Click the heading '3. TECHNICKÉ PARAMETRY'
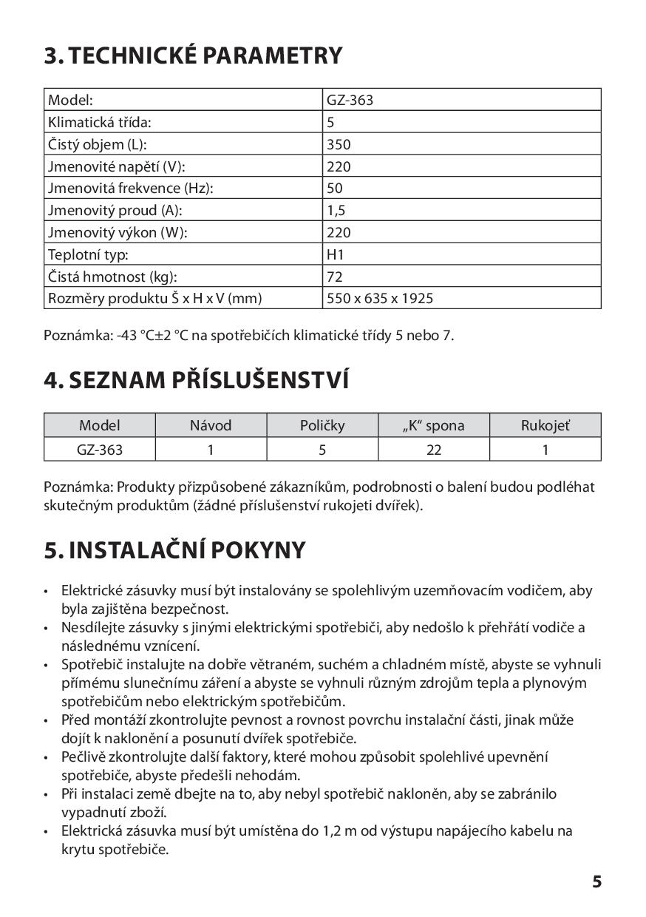coord(193,56)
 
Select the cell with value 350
coord(339,144)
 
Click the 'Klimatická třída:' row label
coord(104,122)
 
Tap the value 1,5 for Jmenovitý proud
coord(336,210)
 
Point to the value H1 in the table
coord(336,254)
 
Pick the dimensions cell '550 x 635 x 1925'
coord(380,299)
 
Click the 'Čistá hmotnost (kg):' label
coord(113,277)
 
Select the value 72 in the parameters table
coord(334,277)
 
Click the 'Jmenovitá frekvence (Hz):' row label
coord(131,189)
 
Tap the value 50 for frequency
coord(335,189)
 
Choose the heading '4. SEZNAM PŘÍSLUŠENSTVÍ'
coord(196,380)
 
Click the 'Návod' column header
coord(211,425)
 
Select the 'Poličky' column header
coord(322,425)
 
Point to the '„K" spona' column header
coord(434,425)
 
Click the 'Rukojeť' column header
coord(545,425)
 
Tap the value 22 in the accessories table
coord(434,449)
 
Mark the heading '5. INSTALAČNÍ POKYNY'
coord(174,551)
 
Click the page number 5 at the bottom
coord(596,882)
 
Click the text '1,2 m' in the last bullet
coord(340,831)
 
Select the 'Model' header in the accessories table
coord(100,425)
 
